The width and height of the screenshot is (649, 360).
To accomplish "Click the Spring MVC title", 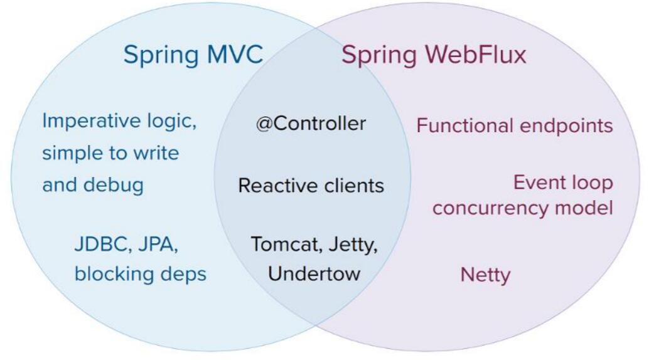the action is (x=193, y=55).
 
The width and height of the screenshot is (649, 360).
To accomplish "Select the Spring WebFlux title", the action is (x=434, y=55).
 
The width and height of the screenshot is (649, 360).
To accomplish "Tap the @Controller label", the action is (x=311, y=124).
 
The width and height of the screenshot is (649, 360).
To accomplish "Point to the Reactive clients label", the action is (x=311, y=186).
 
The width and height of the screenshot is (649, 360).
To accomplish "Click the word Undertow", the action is (x=314, y=273).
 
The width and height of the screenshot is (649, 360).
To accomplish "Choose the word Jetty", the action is (x=353, y=245).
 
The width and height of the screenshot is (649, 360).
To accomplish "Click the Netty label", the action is (x=486, y=275).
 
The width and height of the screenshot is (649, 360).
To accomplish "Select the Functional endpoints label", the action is (x=515, y=126).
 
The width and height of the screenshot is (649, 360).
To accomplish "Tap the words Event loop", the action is (x=563, y=183).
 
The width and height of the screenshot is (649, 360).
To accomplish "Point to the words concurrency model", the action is (x=523, y=208).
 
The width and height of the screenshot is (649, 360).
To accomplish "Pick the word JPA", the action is (x=158, y=244).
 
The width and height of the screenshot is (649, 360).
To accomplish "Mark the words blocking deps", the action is (x=141, y=274).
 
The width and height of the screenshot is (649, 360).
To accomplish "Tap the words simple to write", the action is (x=110, y=153).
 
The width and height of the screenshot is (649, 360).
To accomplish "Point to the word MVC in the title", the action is (x=235, y=55).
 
